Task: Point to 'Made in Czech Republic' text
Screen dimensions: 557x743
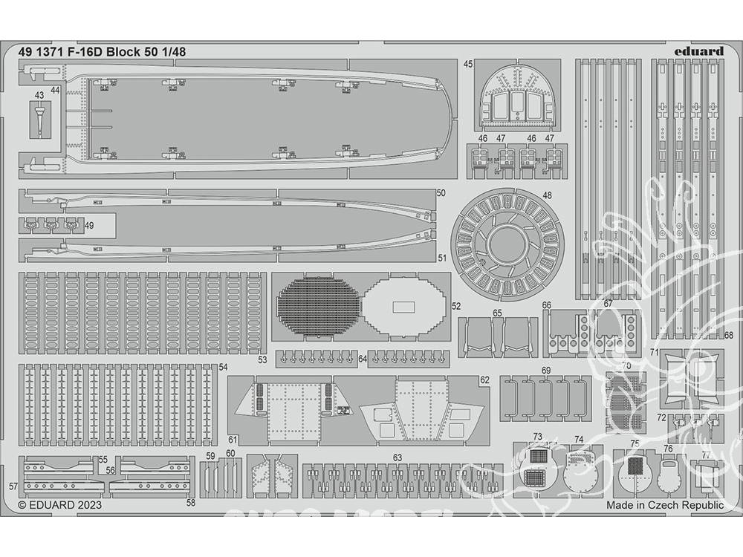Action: [664, 505]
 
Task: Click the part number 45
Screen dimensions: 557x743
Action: [468, 65]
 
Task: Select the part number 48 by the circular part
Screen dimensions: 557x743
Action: [548, 196]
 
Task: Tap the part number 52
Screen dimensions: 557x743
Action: [456, 306]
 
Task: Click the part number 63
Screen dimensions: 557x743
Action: [398, 457]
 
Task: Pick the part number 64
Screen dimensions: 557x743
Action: [363, 359]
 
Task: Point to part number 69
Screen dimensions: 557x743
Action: [546, 370]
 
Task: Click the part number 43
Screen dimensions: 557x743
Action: [39, 96]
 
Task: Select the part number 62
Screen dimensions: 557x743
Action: [484, 380]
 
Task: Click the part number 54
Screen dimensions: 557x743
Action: [223, 368]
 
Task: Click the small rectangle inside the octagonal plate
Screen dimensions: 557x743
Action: [404, 307]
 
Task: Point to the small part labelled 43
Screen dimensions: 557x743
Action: [39, 119]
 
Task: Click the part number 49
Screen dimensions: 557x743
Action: [89, 225]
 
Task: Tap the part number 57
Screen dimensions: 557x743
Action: [13, 486]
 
